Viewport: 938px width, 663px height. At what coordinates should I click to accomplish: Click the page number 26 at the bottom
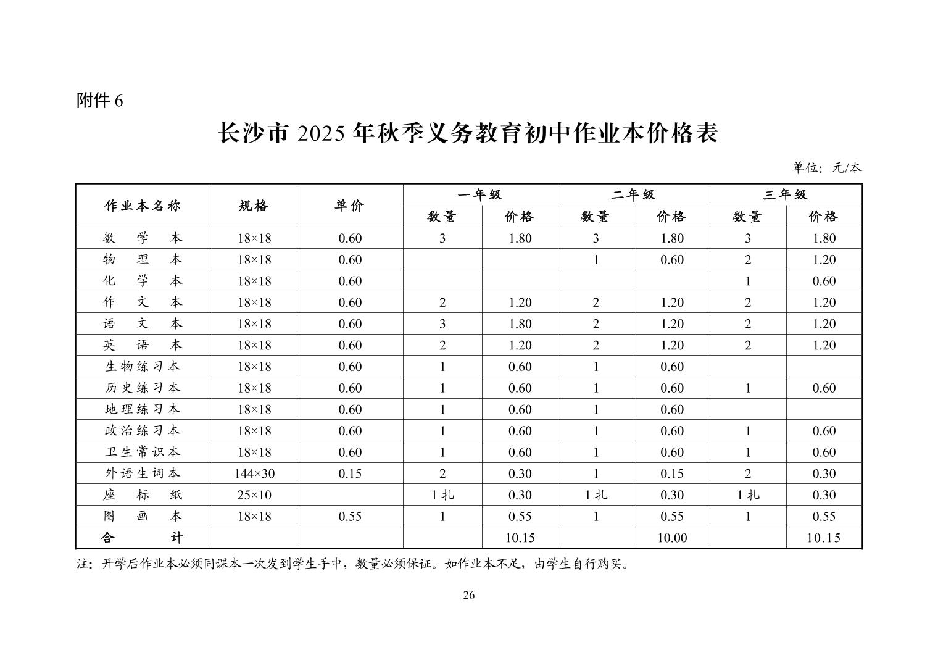click(x=468, y=595)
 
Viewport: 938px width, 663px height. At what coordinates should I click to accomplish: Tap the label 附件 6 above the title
click(x=99, y=101)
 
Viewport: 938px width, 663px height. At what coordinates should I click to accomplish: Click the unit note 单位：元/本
click(x=827, y=167)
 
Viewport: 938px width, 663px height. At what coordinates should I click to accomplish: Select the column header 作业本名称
click(x=143, y=206)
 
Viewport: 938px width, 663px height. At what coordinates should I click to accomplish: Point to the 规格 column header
click(x=254, y=206)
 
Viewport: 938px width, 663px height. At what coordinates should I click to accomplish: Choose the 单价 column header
click(x=349, y=206)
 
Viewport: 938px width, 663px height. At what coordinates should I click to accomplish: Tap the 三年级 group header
click(x=785, y=195)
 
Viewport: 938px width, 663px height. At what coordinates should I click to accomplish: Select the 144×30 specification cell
click(x=254, y=473)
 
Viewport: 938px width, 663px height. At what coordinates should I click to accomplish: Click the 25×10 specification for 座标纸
click(x=254, y=495)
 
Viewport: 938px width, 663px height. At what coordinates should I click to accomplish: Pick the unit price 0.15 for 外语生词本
click(x=350, y=473)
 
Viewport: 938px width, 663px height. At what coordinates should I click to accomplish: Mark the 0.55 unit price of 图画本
click(x=350, y=517)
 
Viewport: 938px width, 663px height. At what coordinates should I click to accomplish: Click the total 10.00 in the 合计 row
click(x=671, y=538)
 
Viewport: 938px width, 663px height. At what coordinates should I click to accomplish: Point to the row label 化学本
click(x=143, y=281)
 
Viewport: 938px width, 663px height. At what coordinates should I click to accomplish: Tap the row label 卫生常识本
click(x=143, y=452)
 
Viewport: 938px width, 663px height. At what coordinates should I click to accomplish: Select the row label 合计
click(x=143, y=538)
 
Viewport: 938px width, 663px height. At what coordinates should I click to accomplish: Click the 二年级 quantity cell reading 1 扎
click(x=596, y=495)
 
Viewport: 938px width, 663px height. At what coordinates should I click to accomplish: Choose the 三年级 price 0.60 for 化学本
click(x=824, y=281)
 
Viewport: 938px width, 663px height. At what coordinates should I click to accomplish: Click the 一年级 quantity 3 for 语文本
click(x=442, y=324)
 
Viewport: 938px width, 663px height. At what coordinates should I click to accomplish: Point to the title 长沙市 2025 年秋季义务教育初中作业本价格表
click(x=468, y=133)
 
